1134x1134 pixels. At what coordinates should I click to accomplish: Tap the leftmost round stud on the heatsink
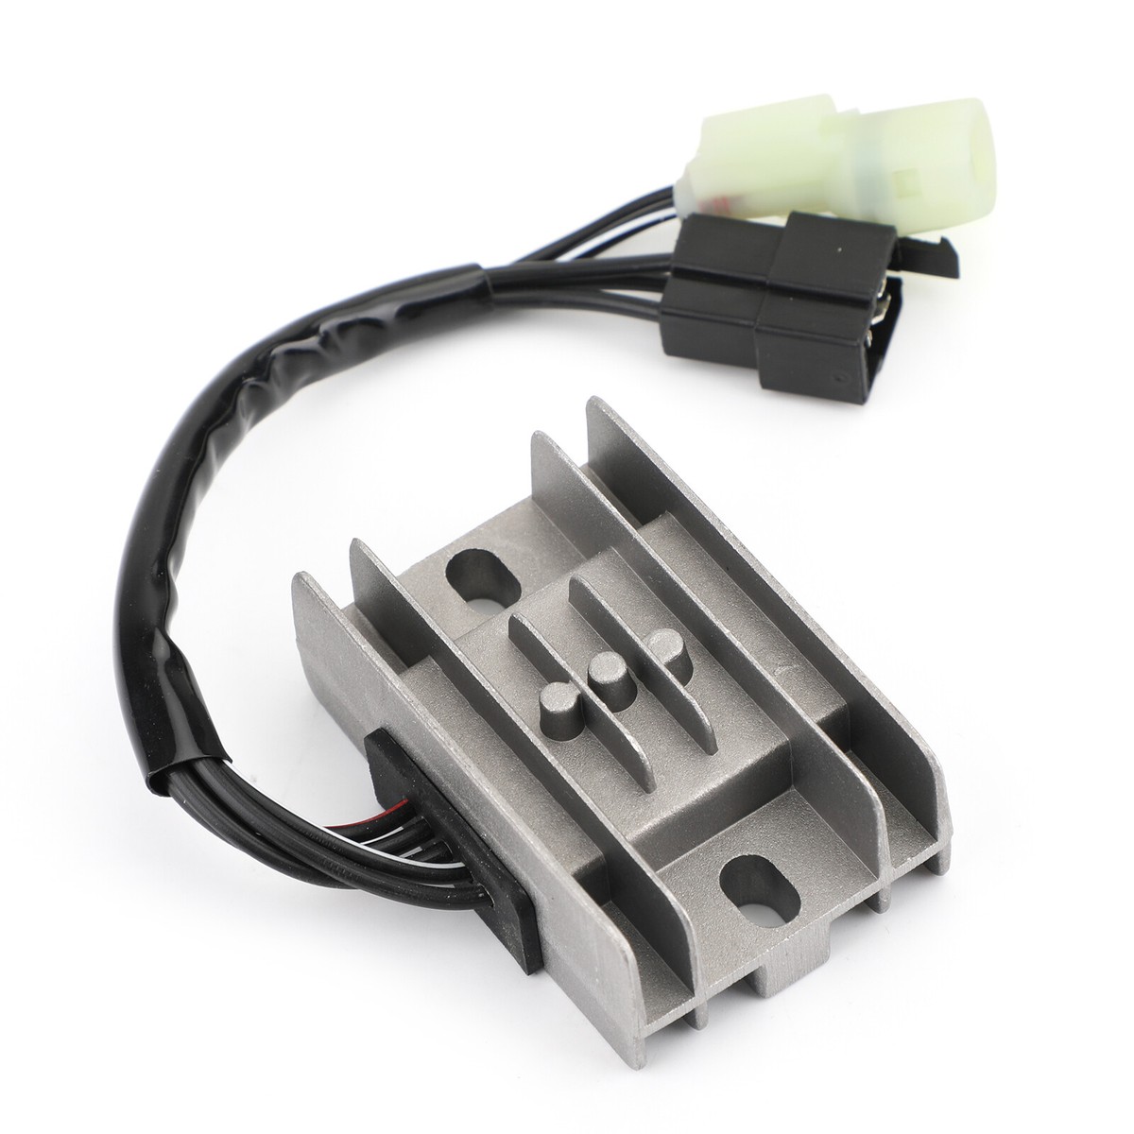tap(555, 703)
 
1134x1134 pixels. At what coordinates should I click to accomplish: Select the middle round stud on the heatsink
tap(603, 674)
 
